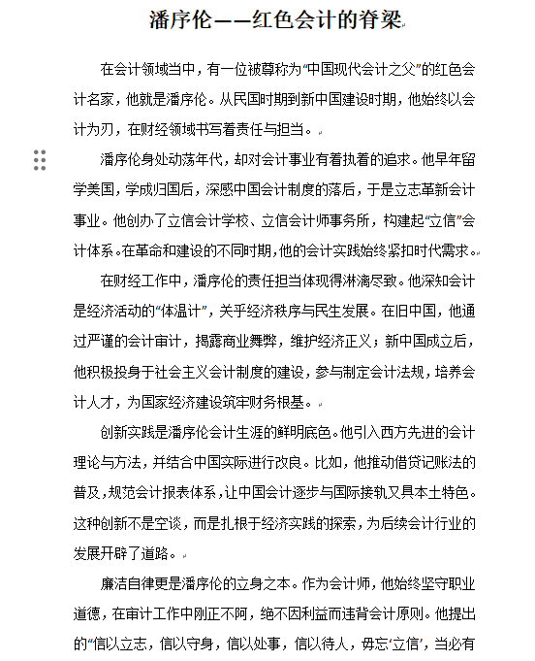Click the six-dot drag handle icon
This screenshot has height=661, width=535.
[40, 160]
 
